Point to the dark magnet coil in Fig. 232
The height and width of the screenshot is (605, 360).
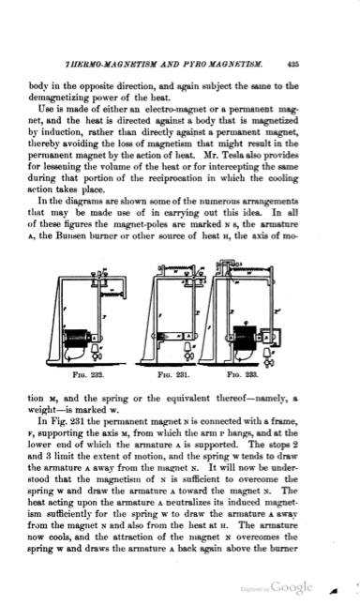click(74, 335)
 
